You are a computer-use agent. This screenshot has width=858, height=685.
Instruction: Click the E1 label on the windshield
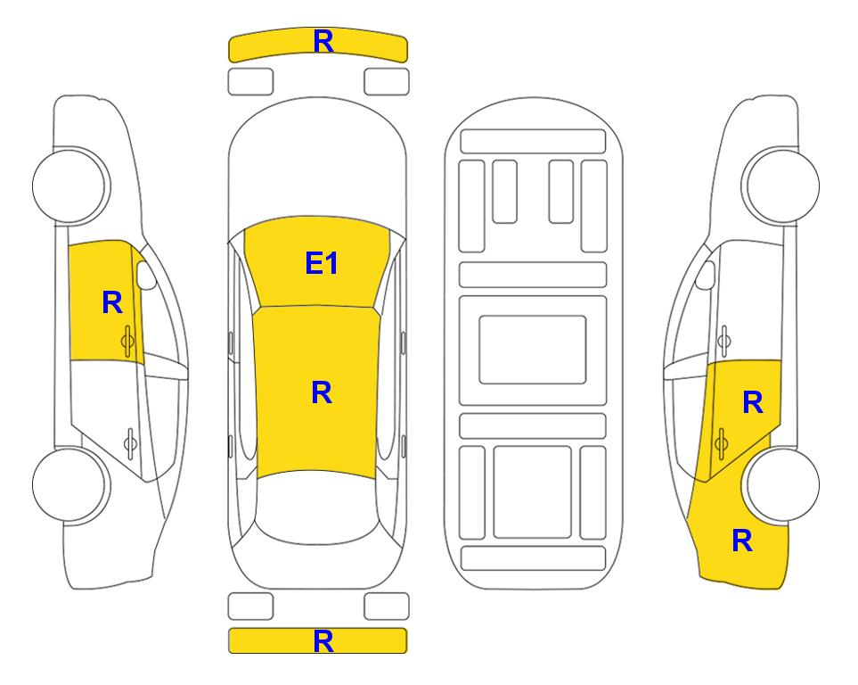[x=322, y=263]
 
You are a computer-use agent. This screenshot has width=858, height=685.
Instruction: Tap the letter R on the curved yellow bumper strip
[x=323, y=42]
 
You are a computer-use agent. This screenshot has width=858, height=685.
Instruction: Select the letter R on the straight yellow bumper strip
[x=323, y=641]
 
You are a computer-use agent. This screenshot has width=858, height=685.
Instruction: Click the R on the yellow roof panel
[x=322, y=393]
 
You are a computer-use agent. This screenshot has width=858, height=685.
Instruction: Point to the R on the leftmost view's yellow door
[x=112, y=302]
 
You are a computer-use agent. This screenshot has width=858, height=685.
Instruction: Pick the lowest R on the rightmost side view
[x=742, y=541]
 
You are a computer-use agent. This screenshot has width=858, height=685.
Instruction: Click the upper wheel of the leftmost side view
[x=70, y=186]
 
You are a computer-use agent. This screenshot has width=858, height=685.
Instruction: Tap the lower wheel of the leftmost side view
[x=70, y=484]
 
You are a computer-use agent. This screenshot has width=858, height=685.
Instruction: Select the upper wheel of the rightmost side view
[x=780, y=186]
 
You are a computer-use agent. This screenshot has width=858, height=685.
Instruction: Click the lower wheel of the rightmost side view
[x=780, y=484]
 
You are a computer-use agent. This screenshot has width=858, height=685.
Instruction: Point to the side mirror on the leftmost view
[x=146, y=275]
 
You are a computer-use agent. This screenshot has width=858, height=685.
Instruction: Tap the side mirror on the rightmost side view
[x=706, y=275]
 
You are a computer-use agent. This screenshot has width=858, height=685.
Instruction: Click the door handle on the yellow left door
[x=127, y=342]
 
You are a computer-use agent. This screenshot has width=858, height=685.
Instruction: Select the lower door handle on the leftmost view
[x=130, y=443]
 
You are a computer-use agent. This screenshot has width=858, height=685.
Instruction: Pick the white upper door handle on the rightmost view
[x=724, y=342]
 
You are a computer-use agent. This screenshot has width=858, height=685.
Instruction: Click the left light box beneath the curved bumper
[x=250, y=82]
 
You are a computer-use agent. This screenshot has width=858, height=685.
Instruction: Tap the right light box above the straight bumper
[x=387, y=607]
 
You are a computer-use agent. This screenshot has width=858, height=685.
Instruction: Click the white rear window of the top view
[x=317, y=508]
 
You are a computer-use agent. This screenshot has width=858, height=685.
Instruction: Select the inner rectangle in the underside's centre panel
[x=533, y=350]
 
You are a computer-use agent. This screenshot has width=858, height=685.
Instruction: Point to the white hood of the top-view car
[x=317, y=164]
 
